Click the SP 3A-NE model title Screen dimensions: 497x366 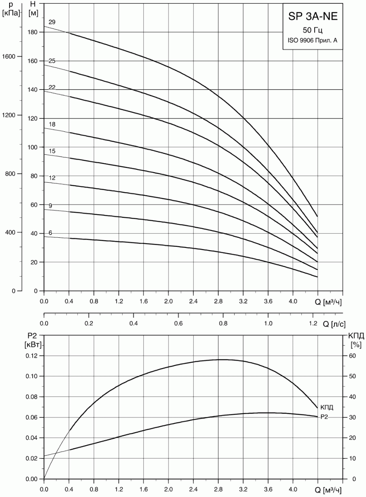tap(313, 17)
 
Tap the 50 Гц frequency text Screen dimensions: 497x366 tap(313, 30)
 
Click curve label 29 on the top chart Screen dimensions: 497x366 tap(52, 22)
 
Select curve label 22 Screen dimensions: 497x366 tap(52, 87)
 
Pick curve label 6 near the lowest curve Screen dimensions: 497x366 tap(51, 233)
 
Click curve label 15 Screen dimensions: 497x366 tap(52, 152)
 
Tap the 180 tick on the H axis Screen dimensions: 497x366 tap(33, 32)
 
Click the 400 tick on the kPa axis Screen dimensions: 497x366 tap(16, 232)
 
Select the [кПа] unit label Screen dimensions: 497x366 tap(11, 13)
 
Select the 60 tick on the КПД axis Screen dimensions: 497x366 tap(353, 356)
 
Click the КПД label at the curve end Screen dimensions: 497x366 tap(327, 408)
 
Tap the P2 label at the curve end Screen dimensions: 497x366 tap(325, 417)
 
